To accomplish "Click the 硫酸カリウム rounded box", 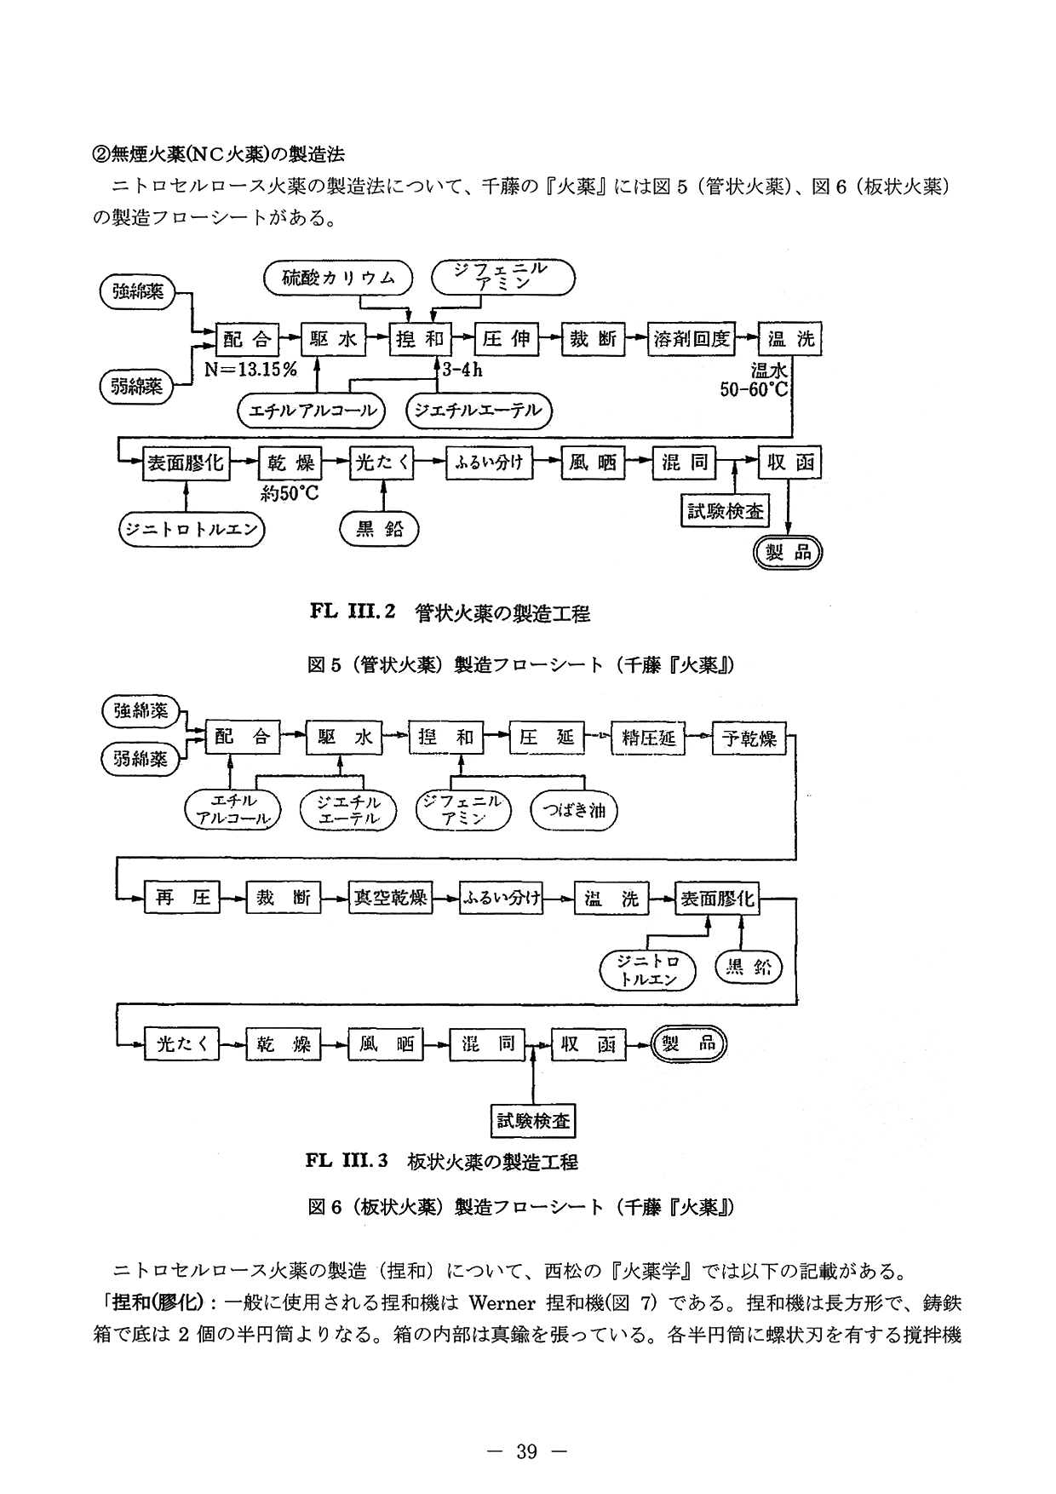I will pos(337,278).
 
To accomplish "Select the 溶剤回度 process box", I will pos(692,339).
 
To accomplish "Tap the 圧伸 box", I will pos(506,339).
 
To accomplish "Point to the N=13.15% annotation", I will pos(250,370).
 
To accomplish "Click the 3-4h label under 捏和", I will pos(462,370).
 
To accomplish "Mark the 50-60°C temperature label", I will pos(755,390).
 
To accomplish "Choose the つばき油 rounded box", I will pos(573,810).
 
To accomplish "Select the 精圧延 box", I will pos(648,738).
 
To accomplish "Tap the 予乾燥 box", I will pos(749,738).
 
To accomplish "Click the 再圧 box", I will pos(182,898).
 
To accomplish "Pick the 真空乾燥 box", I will pos(391,898).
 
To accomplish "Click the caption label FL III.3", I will pos(347,1160).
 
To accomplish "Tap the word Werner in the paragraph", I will pos(501,1303).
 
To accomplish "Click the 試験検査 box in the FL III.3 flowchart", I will pos(534,1120).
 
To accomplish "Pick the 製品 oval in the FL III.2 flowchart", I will pos(789,552).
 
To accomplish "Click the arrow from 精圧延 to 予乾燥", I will pos(700,738).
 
